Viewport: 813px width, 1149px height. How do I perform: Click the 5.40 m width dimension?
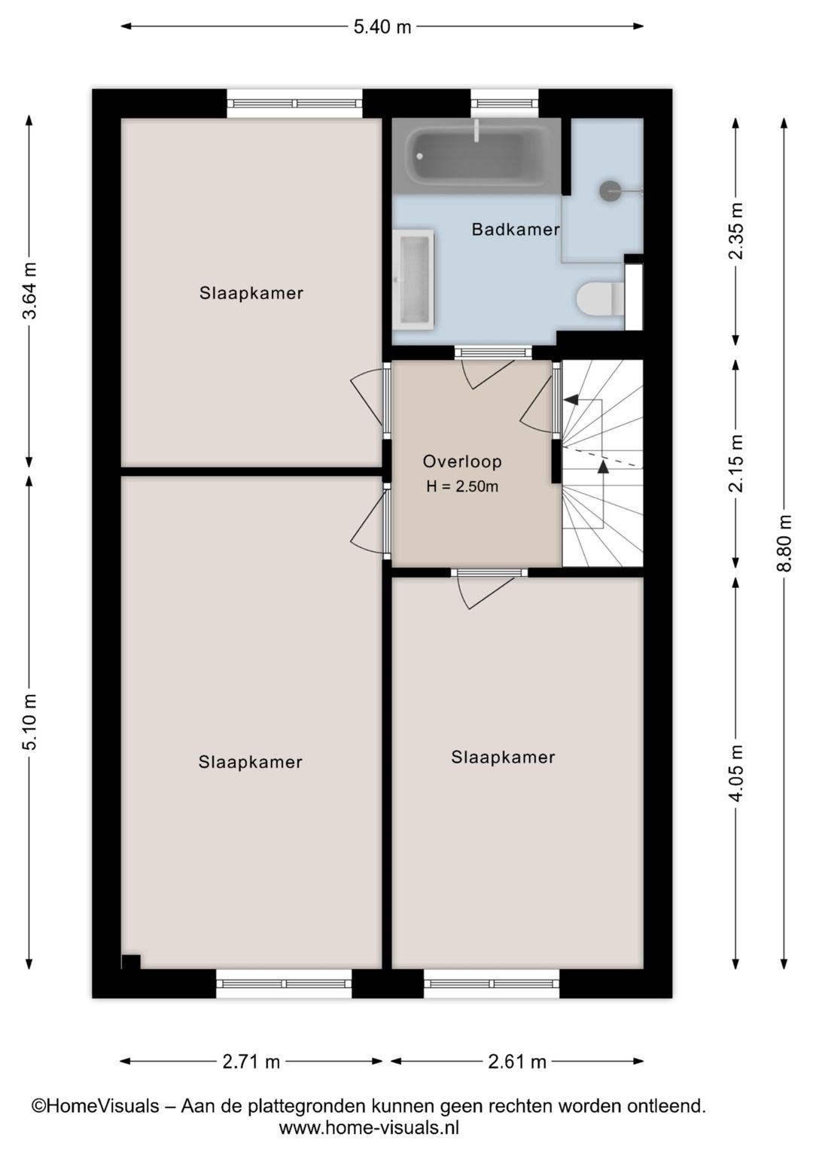[382, 26]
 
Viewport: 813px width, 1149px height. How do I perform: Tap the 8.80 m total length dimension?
[784, 543]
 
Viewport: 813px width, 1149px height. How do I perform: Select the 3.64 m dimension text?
[30, 291]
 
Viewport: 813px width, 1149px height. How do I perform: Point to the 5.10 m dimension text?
[30, 721]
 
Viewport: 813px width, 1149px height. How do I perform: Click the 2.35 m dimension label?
[736, 231]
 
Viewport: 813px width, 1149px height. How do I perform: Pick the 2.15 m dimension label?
[736, 463]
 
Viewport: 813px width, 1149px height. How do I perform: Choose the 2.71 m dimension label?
[251, 1062]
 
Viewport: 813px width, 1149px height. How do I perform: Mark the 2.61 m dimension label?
[517, 1062]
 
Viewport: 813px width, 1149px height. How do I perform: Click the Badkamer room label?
[516, 230]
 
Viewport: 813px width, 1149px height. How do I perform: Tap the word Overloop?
[462, 462]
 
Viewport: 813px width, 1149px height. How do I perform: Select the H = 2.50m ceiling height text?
[462, 486]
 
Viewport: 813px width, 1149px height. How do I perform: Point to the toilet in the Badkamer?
[600, 298]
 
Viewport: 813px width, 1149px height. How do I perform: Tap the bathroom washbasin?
[414, 279]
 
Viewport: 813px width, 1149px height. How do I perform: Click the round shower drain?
[609, 190]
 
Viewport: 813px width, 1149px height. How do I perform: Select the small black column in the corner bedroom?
[131, 962]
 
